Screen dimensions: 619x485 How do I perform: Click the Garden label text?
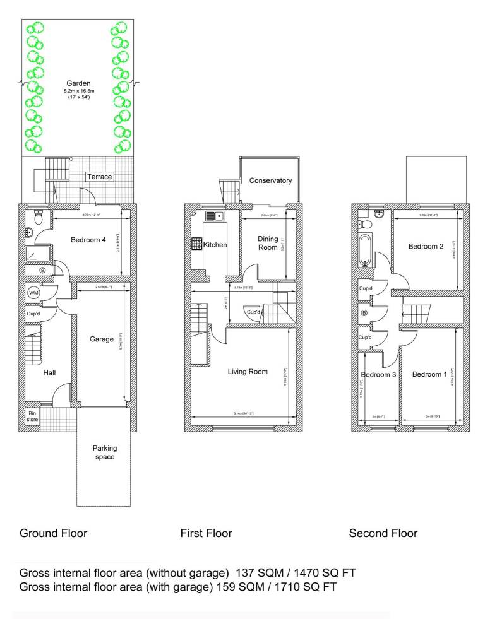click(x=79, y=83)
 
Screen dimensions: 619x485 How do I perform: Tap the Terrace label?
click(x=100, y=177)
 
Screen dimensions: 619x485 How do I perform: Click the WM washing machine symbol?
click(x=33, y=293)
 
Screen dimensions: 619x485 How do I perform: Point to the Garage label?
click(x=101, y=339)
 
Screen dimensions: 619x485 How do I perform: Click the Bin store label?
click(x=32, y=416)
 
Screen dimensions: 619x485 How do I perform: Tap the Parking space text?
click(x=105, y=452)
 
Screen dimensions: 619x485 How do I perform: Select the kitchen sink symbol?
click(x=214, y=216)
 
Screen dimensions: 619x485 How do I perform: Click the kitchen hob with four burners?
click(x=196, y=244)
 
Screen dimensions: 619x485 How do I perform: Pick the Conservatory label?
click(x=270, y=180)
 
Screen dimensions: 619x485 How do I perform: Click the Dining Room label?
click(x=268, y=243)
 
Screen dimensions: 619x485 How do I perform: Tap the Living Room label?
click(x=248, y=372)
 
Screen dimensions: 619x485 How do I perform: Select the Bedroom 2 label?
click(x=426, y=246)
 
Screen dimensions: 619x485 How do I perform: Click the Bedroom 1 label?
click(x=429, y=375)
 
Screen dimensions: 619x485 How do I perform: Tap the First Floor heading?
click(x=206, y=533)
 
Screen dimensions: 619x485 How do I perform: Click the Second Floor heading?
click(x=383, y=533)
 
